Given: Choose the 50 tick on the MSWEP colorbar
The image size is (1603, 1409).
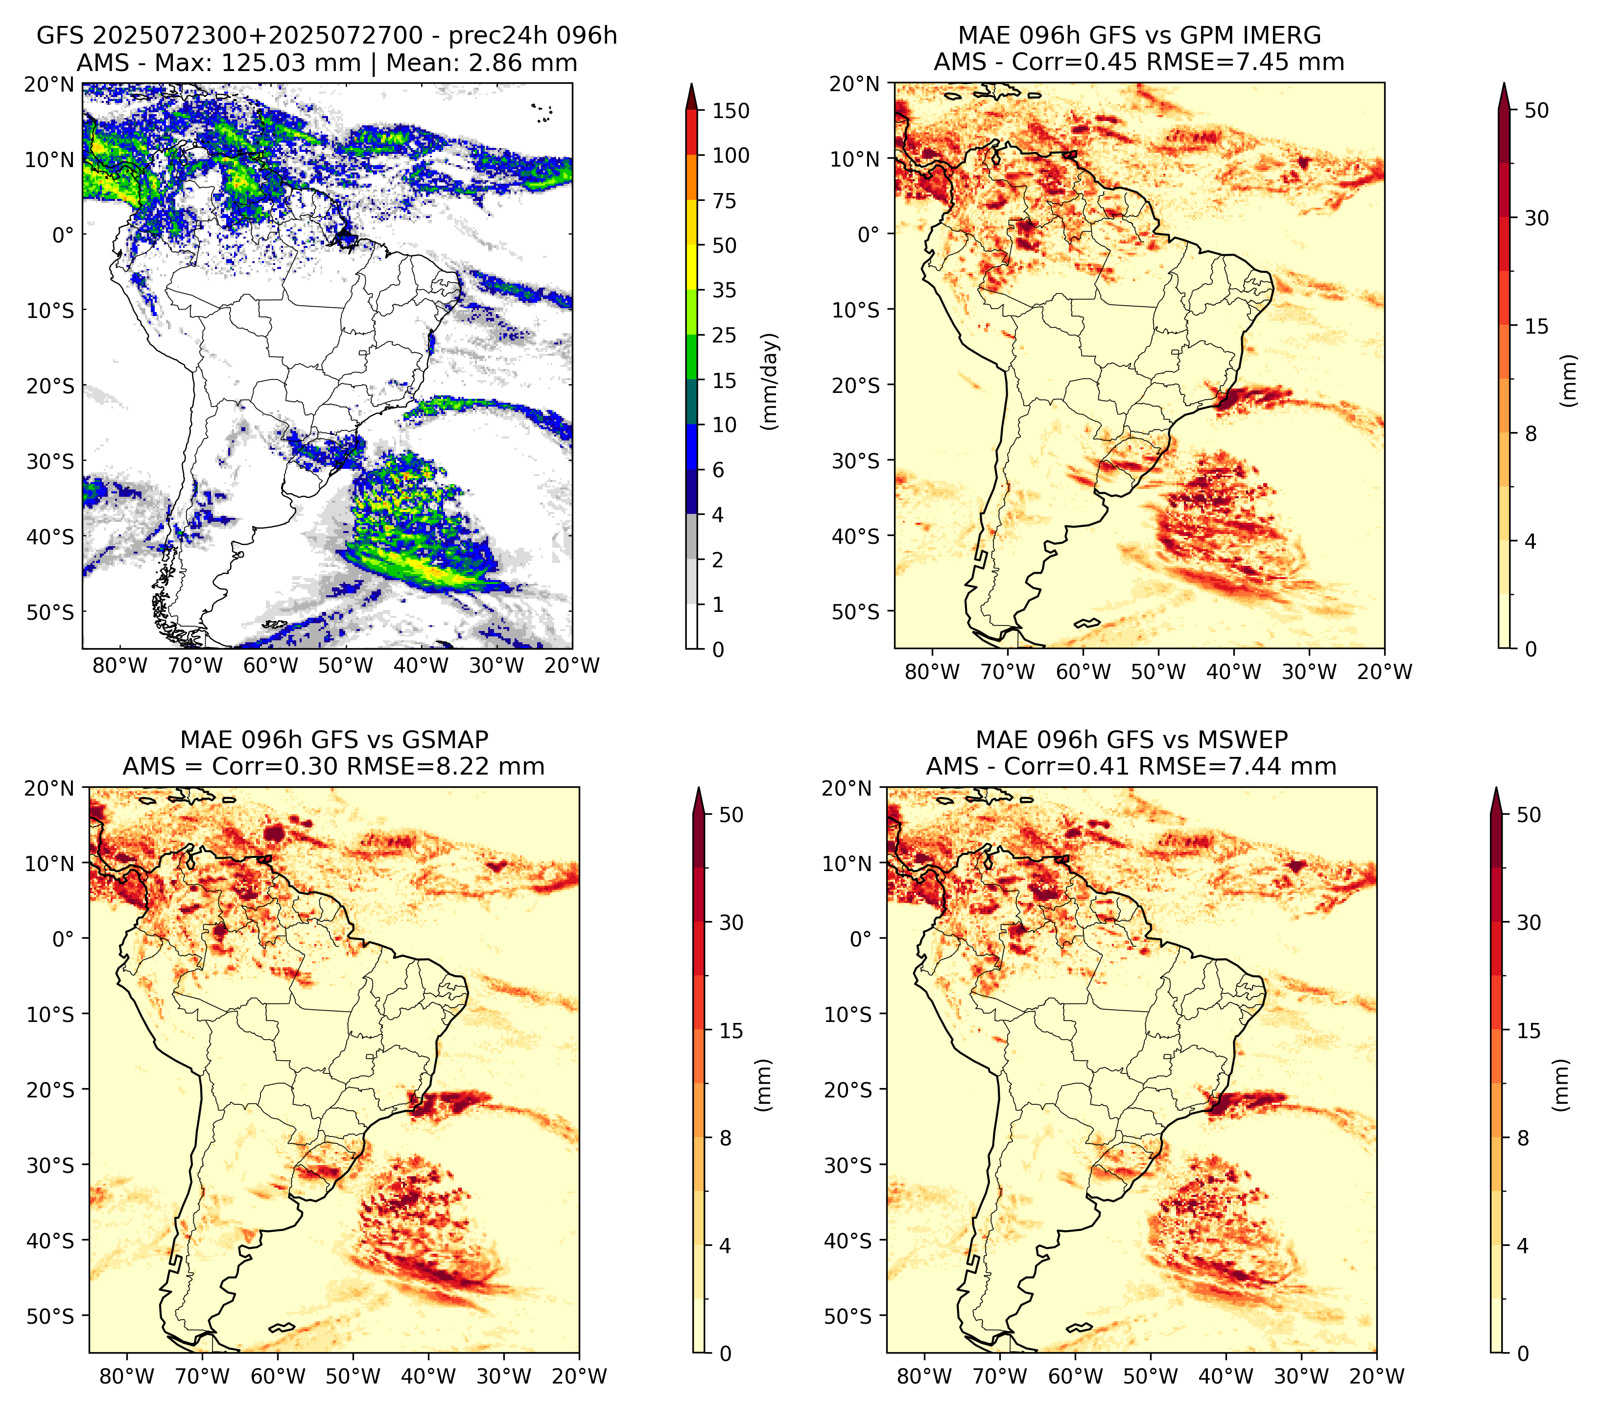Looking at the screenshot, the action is point(1529,815).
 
